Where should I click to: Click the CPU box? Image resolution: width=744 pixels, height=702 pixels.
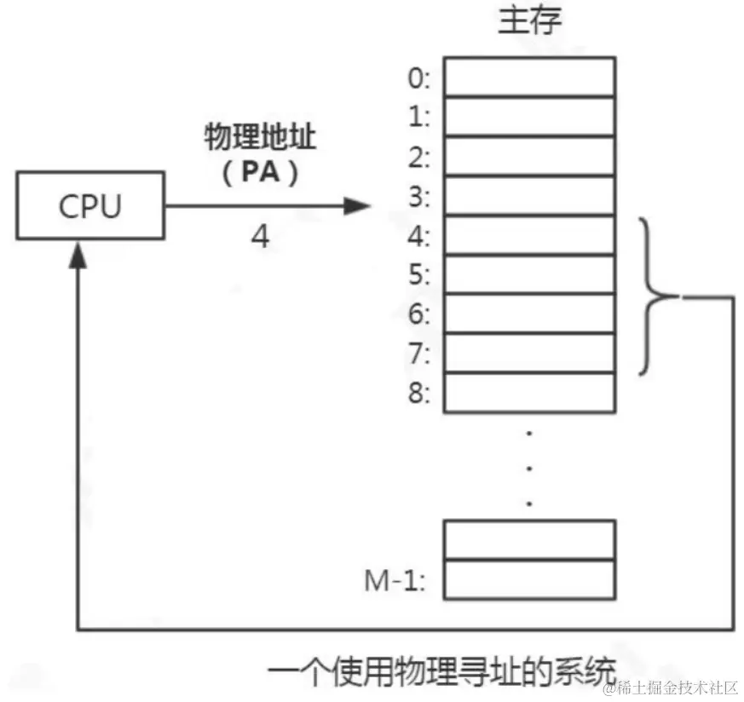tap(90, 206)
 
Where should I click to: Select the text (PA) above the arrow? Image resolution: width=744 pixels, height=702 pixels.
tap(260, 172)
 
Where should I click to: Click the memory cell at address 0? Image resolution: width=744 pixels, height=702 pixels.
tap(529, 77)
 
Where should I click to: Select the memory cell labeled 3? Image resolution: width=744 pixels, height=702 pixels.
tap(529, 196)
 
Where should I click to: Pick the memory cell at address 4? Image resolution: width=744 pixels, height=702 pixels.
tap(529, 235)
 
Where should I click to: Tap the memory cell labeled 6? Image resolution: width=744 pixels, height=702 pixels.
tap(529, 314)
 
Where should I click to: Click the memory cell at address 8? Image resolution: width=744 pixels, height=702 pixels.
tap(529, 392)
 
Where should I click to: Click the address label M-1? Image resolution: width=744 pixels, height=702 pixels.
tap(395, 581)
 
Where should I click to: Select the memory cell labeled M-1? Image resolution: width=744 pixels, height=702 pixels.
tap(529, 579)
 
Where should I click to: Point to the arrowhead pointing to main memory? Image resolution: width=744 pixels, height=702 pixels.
tap(358, 205)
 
